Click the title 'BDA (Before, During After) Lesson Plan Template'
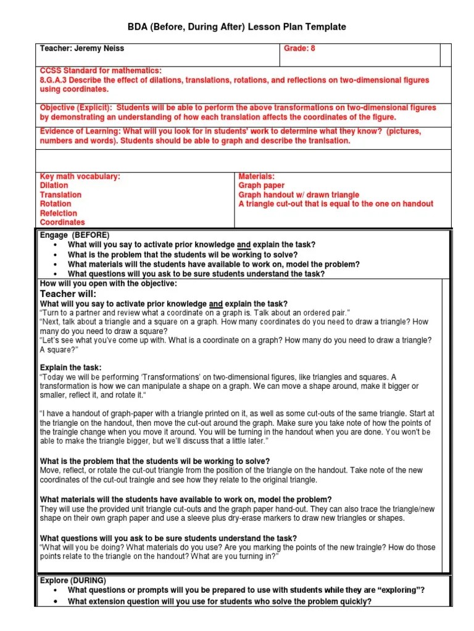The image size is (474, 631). [236, 27]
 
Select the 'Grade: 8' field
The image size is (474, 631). [299, 48]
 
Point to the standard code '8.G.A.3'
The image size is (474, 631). [54, 80]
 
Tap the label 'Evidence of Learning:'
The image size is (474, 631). [80, 131]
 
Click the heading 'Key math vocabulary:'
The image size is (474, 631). [80, 176]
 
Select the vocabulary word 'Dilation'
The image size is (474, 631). [54, 185]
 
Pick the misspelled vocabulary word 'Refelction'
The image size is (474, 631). [58, 213]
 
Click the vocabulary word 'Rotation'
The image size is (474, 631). [56, 204]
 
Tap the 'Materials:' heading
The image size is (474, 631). [256, 176]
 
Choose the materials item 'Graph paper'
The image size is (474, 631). [262, 185]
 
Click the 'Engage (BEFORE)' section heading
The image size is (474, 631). [74, 235]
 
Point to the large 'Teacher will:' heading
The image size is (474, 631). [68, 294]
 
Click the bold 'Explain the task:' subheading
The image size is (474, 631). [70, 368]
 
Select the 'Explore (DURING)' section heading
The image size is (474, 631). [73, 580]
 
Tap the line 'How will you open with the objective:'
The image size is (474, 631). [108, 283]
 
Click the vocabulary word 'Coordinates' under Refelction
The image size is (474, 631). [62, 222]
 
